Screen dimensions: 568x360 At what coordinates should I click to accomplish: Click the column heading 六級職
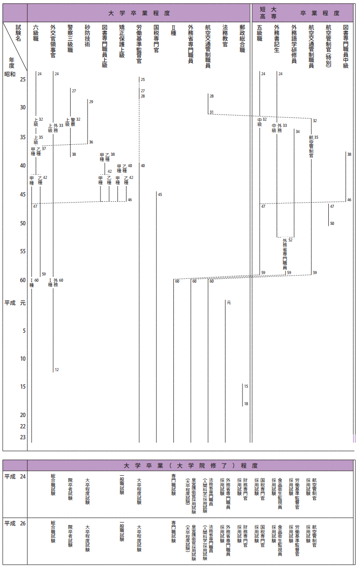click(36, 34)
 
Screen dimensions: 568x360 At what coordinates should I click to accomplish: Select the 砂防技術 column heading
click(87, 36)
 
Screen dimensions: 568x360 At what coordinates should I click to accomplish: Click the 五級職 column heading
click(260, 34)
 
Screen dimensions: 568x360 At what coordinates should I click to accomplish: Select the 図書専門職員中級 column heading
click(346, 46)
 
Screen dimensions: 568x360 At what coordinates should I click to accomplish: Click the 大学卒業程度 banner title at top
click(139, 13)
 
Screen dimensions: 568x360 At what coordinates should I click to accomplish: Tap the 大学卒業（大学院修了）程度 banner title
click(190, 466)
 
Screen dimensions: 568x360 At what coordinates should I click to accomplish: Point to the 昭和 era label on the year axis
click(9, 74)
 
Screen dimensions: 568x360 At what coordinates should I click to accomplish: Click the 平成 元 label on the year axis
click(15, 303)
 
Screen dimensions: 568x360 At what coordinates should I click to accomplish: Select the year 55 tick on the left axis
click(22, 251)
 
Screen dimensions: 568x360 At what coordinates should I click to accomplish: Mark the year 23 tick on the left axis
click(22, 437)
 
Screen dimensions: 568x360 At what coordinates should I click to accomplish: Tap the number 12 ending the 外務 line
click(57, 370)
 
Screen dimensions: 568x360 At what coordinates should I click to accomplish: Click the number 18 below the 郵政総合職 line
click(246, 404)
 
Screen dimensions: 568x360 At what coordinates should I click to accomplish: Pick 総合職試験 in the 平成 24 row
click(53, 485)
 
